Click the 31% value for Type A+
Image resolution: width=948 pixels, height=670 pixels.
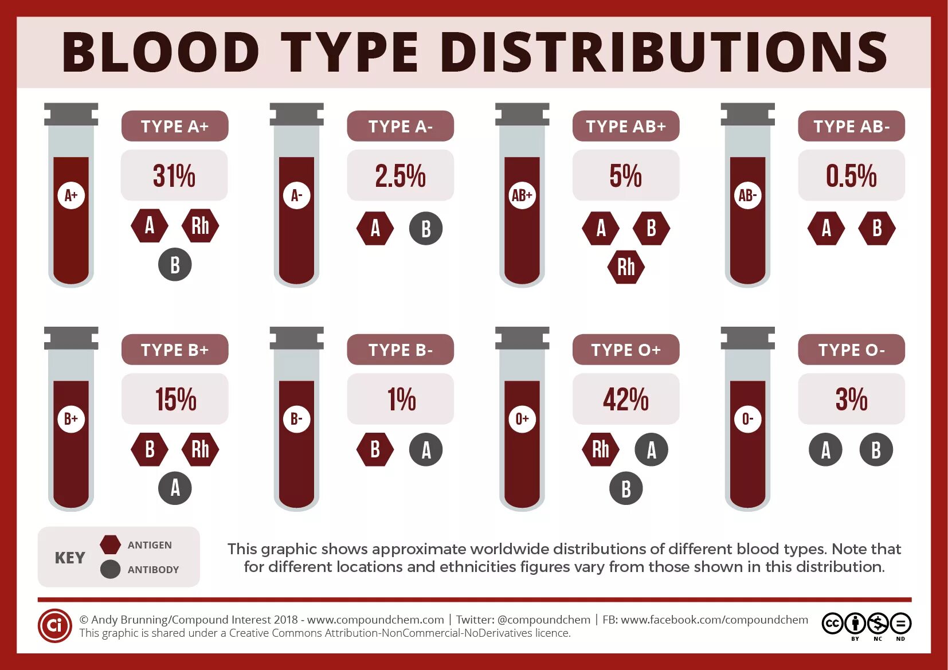[x=174, y=175]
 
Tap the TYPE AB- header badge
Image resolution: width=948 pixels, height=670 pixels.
[x=851, y=126]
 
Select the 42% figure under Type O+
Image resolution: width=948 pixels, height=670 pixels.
[x=625, y=399]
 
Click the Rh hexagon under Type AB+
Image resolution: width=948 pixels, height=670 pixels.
[x=626, y=267]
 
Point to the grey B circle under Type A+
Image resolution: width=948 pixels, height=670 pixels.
[x=175, y=265]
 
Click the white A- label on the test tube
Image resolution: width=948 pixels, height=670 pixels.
[x=296, y=195]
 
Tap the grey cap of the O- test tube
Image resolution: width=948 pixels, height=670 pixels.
[x=747, y=338]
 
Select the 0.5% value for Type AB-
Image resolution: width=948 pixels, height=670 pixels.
[x=851, y=175]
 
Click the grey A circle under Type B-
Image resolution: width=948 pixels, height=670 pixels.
[x=426, y=450]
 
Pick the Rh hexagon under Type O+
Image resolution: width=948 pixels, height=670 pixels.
[x=601, y=449]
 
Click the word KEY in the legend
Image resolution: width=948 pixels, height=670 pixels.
[x=70, y=558]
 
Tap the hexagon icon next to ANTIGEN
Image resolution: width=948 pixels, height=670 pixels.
[x=110, y=544]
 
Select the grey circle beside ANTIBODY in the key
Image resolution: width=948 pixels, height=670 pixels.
[x=110, y=569]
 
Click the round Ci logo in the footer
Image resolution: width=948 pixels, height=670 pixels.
[x=54, y=625]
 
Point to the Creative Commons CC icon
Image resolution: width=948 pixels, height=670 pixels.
[x=832, y=623]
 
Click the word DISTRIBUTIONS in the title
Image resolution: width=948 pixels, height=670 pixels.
[x=664, y=52]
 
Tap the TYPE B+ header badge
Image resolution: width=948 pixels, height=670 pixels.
[x=175, y=350]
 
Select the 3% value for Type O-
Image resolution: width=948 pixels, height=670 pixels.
[x=851, y=399]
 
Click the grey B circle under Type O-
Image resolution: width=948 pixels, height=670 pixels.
[x=876, y=450]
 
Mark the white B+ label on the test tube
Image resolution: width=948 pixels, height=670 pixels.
[x=71, y=419]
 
